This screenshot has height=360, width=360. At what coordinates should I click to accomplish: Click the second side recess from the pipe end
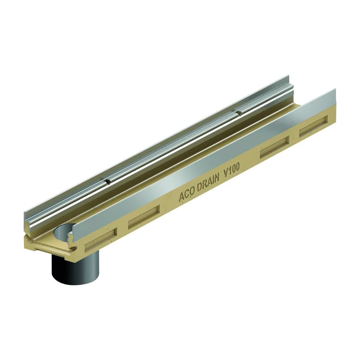pos(144,216)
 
